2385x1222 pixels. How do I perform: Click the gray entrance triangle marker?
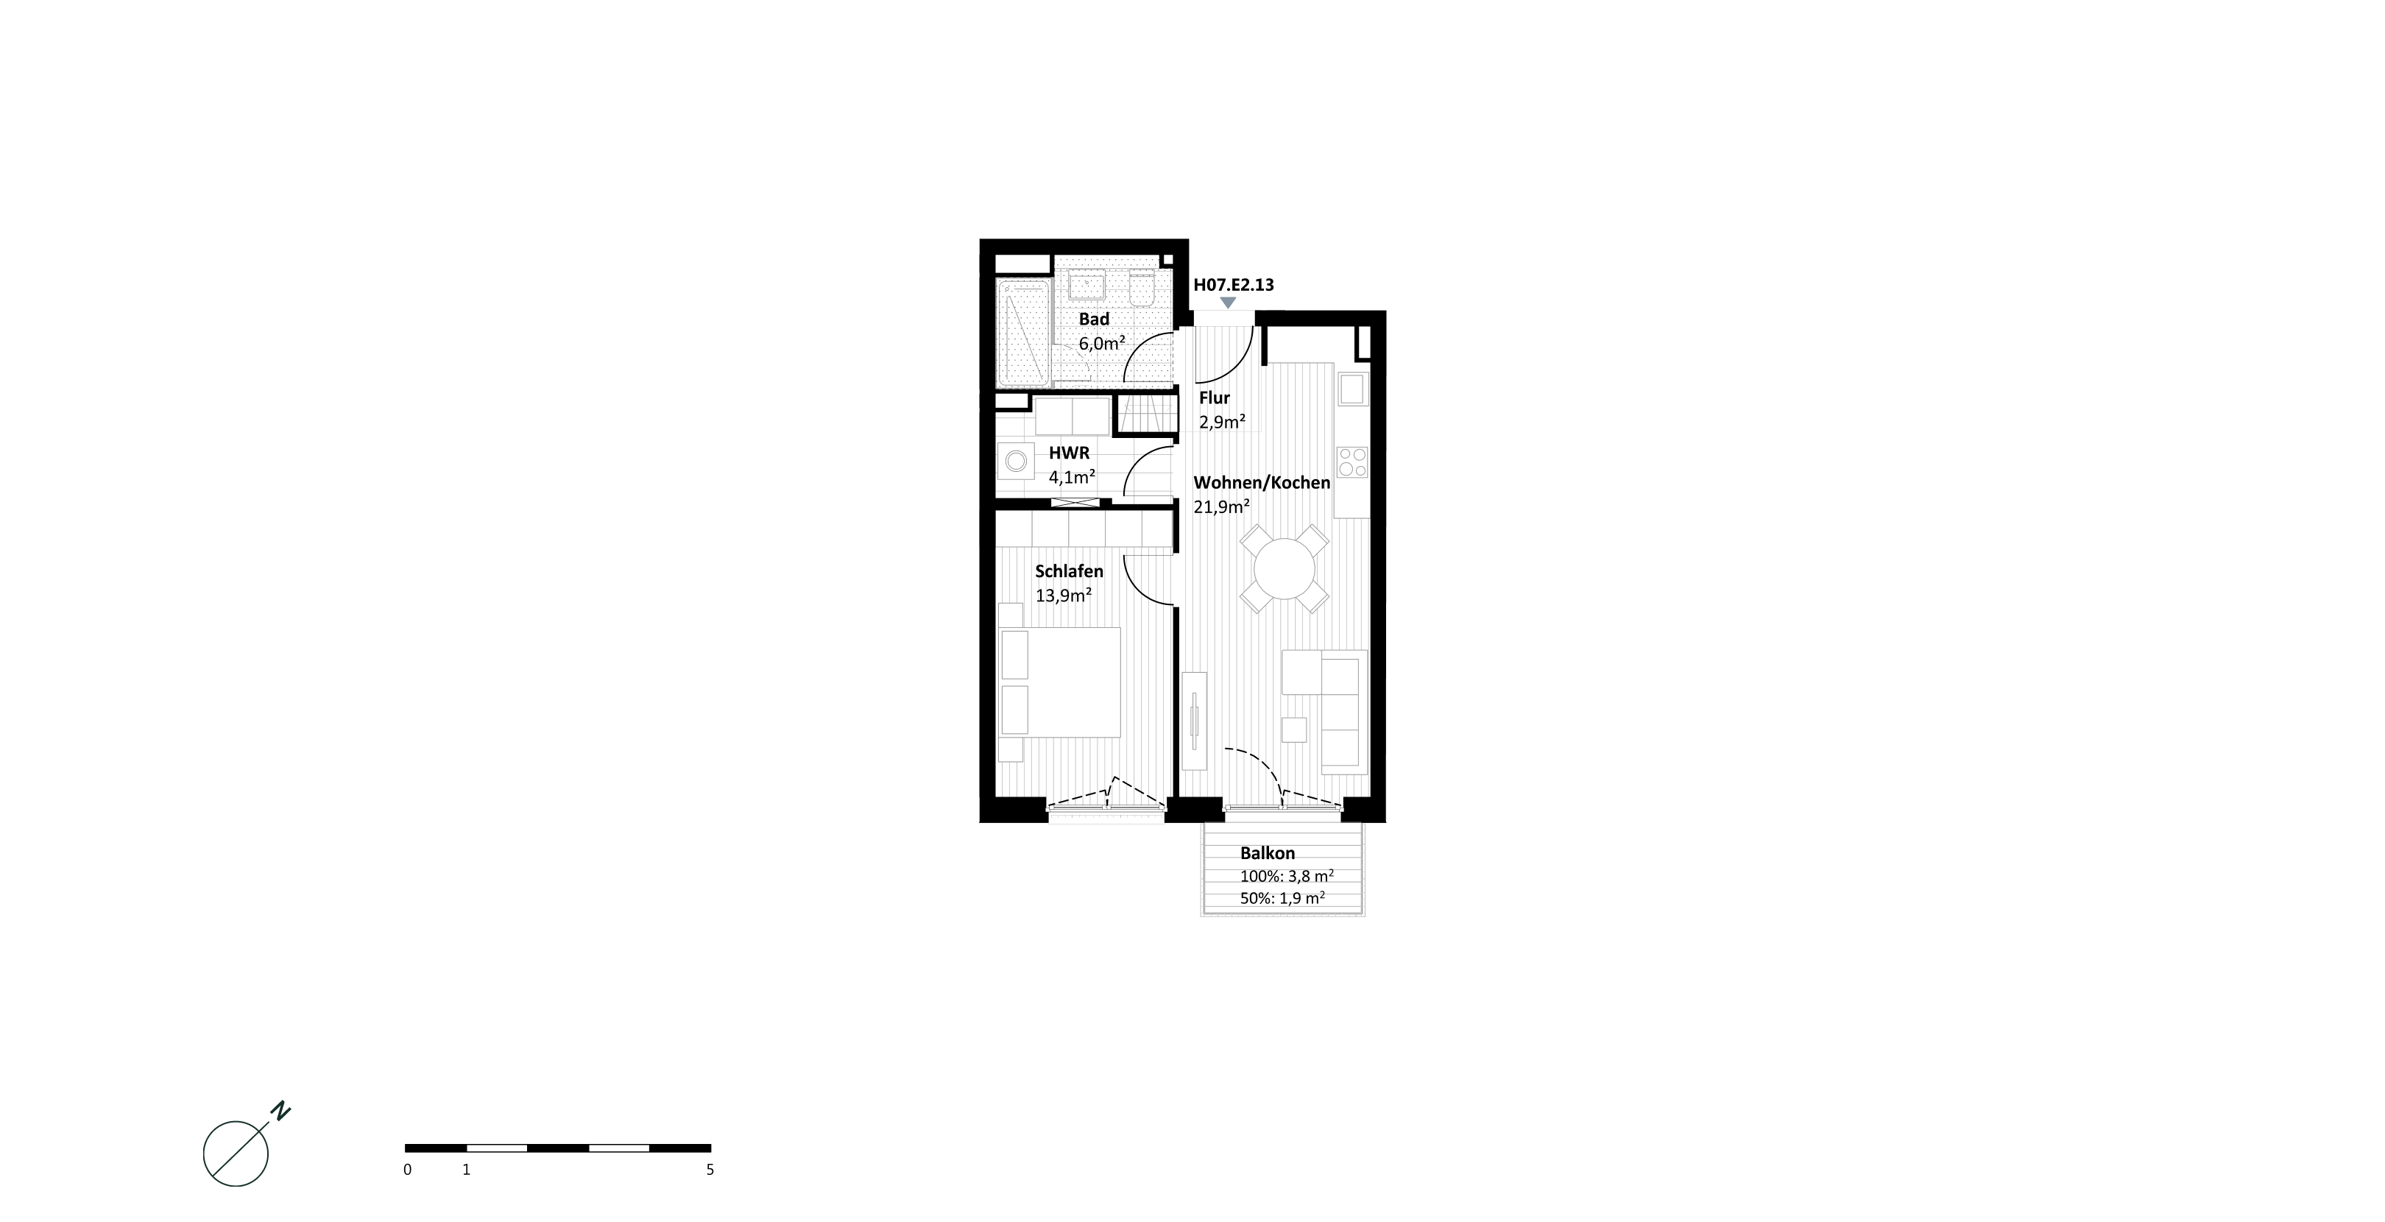pos(1228,303)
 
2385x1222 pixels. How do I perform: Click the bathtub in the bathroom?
pos(1024,333)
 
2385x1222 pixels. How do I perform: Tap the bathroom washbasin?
pos(1087,284)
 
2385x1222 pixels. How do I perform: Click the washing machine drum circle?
pos(1016,460)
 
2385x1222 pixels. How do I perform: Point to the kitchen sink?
pos(1351,388)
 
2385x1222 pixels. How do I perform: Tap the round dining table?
pos(1285,568)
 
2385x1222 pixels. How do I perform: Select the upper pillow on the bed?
pos(1015,654)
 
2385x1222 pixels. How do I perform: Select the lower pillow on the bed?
pos(1015,710)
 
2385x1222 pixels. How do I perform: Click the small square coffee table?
pos(1293,730)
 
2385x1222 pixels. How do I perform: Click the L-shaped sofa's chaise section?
pos(1301,672)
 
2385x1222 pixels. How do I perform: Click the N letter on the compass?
pos(281,1111)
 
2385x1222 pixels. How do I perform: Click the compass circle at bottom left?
pos(236,1154)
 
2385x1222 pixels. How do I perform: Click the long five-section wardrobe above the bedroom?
pos(1084,529)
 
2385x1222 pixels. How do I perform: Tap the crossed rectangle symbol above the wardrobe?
pos(1075,503)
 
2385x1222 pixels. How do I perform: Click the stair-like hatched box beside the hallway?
pos(1147,413)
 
